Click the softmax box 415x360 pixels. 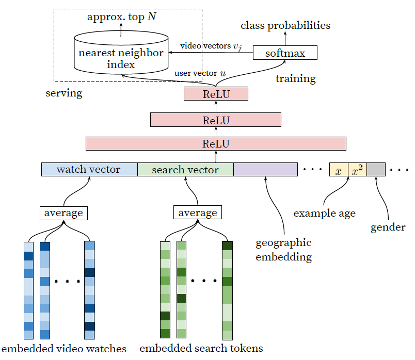[285, 53]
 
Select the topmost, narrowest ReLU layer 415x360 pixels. [216, 94]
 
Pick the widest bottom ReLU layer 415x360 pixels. [216, 143]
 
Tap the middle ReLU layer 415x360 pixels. [216, 120]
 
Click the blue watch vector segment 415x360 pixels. [89, 169]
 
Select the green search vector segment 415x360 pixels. [185, 169]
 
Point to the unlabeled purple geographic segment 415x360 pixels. [265, 169]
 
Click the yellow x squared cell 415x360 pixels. [357, 170]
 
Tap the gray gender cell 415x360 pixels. [376, 170]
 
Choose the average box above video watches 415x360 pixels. [63, 213]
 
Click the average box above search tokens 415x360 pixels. [198, 212]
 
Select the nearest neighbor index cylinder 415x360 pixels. [121, 53]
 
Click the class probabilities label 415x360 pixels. [285, 26]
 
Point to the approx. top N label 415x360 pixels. [121, 17]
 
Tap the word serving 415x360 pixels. [64, 93]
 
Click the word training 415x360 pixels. [296, 78]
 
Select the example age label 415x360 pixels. [325, 214]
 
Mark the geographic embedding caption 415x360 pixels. [283, 250]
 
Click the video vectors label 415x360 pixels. [211, 46]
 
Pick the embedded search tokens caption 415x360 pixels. [201, 348]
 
